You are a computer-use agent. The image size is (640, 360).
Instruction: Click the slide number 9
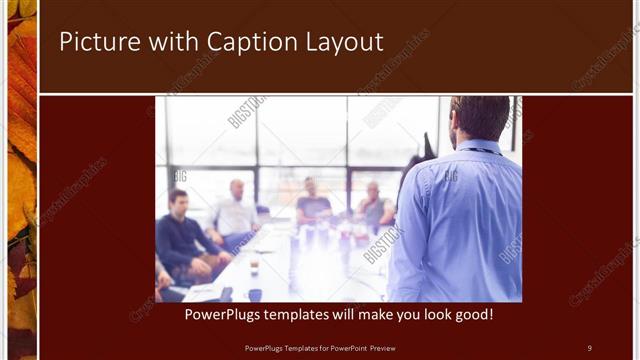coord(589,347)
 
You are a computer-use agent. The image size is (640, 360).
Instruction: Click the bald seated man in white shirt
coord(236,210)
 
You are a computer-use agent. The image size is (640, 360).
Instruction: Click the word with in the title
coord(174,42)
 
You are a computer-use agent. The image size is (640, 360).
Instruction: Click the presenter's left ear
coord(455,124)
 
